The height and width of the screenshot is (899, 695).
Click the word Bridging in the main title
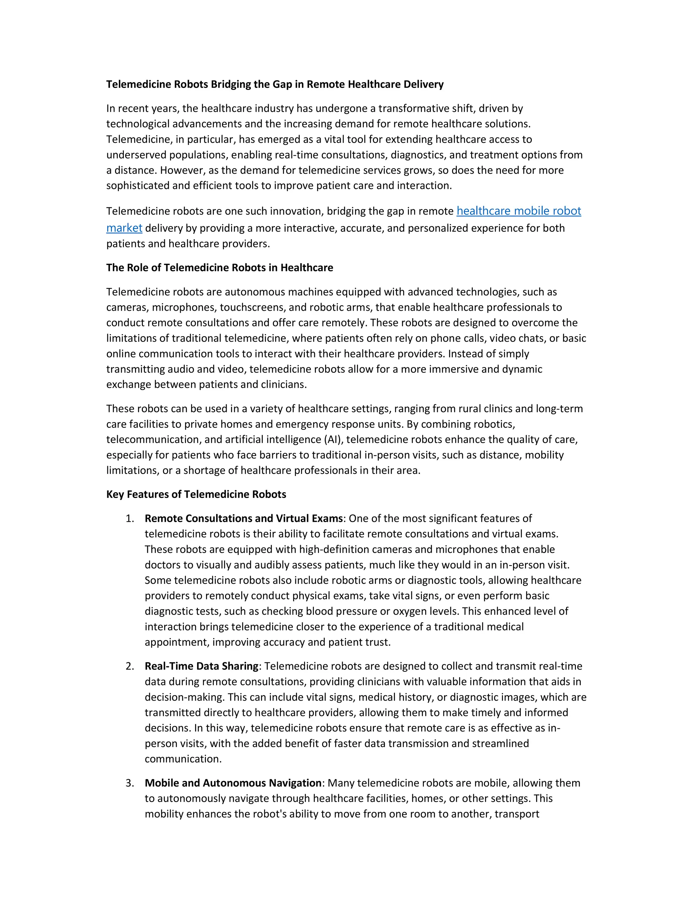230,84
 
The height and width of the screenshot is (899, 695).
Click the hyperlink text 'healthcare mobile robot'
519,211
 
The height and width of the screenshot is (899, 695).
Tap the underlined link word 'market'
124,228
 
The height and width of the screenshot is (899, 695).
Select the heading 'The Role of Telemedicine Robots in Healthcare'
220,268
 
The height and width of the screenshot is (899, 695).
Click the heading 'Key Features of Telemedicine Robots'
196,494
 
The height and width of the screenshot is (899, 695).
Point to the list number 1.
130,518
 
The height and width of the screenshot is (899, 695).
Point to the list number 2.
130,666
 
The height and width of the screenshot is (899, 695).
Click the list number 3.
130,783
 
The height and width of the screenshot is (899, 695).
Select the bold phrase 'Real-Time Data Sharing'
201,666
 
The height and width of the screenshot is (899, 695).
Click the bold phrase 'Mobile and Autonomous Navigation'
232,783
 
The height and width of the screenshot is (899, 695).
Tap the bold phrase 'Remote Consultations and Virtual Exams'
243,518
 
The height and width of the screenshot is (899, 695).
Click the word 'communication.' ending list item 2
183,759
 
